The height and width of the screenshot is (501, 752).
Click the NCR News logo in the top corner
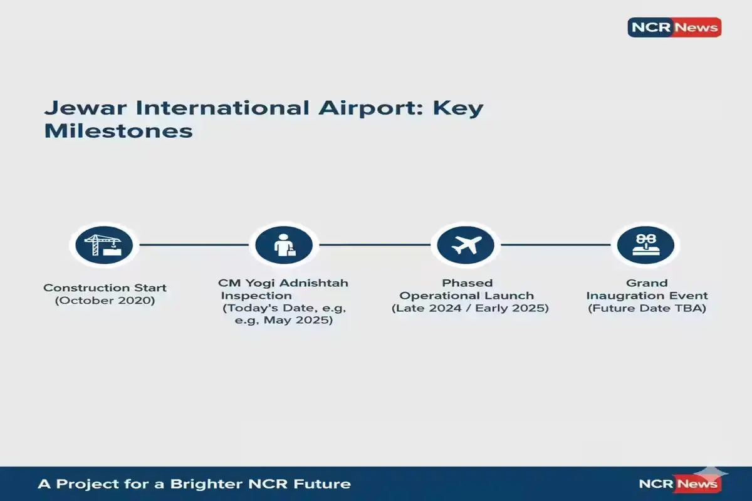(674, 27)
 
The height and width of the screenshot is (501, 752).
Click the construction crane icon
(104, 245)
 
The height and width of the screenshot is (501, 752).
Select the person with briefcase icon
(284, 245)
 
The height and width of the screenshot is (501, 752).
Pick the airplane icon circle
(466, 245)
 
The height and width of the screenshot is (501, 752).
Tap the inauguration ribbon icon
(645, 245)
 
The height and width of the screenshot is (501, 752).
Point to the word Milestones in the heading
(118, 131)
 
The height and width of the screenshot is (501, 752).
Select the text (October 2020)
(105, 301)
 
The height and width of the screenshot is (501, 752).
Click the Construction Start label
(105, 288)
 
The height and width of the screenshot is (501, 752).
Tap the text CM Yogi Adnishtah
(283, 283)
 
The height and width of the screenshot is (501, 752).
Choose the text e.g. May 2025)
(284, 320)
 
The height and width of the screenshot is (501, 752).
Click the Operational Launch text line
(467, 296)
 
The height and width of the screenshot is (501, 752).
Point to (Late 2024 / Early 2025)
(470, 308)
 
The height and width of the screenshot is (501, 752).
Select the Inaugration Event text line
(647, 296)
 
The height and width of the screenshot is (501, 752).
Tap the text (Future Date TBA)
(647, 308)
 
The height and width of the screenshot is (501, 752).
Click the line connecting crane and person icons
(194, 245)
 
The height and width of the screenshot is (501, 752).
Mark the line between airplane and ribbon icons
(556, 245)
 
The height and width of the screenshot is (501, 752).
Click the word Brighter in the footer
(206, 484)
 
